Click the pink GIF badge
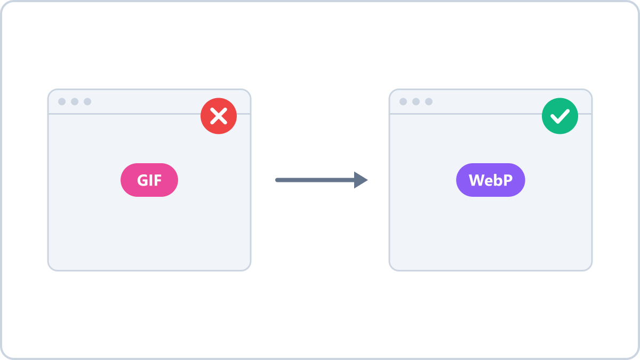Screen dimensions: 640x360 (149, 180)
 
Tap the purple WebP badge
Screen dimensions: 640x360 (491, 180)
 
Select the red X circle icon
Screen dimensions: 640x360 (219, 116)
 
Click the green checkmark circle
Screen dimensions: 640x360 (560, 116)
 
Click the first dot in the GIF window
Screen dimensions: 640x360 (62, 101)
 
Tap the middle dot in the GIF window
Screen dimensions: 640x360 (75, 101)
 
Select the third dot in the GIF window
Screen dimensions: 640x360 (87, 101)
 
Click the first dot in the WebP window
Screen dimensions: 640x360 (403, 101)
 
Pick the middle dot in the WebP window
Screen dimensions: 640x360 (416, 101)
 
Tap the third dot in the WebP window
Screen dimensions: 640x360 (429, 101)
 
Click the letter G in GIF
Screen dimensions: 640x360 (142, 180)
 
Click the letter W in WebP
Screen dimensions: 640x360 (477, 180)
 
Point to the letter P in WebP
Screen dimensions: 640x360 (508, 180)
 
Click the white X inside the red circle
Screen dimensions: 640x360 (219, 116)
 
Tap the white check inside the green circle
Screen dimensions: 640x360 (560, 116)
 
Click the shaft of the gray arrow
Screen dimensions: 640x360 (315, 180)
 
